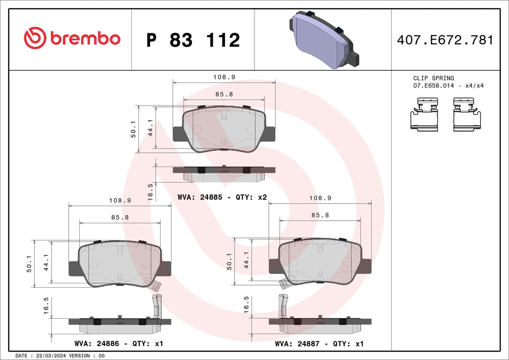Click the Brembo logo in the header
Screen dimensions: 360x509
pos(72,39)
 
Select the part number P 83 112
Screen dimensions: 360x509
pos(193,40)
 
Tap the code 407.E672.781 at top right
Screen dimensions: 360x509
pos(444,40)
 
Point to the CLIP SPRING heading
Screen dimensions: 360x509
pos(433,78)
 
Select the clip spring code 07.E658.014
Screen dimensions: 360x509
pos(433,86)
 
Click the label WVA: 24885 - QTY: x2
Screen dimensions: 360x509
pos(222,197)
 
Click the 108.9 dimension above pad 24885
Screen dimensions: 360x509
pos(224,77)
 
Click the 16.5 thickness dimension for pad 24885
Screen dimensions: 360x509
pos(151,190)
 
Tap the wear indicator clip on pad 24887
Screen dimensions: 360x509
pos(282,306)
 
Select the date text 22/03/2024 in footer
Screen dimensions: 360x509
pos(50,356)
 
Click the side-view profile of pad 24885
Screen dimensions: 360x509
pos(224,172)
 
